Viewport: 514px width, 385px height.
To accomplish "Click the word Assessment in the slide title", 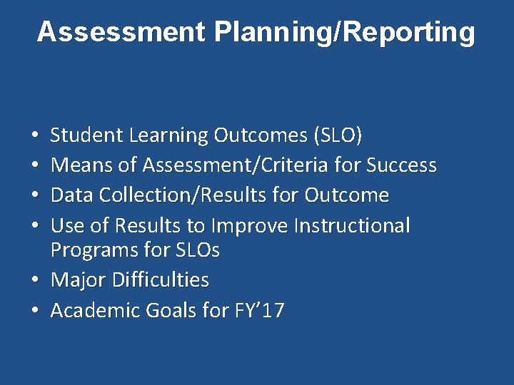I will [x=119, y=32].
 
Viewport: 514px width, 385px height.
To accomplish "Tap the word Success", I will [x=401, y=165].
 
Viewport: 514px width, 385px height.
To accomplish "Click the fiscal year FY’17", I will [x=259, y=311].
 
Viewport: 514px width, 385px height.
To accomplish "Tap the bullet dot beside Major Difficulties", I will [x=36, y=281].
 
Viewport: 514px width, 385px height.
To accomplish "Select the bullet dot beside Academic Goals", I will [x=36, y=312].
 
